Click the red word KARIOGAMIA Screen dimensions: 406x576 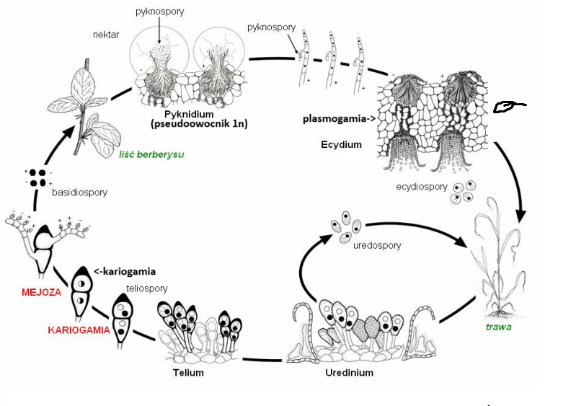point(78,330)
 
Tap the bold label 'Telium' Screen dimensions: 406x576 point(188,372)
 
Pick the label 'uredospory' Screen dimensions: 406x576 point(377,245)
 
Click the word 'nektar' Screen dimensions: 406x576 point(106,34)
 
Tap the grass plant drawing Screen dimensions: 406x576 point(499,260)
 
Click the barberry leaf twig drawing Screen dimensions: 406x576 point(92,108)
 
